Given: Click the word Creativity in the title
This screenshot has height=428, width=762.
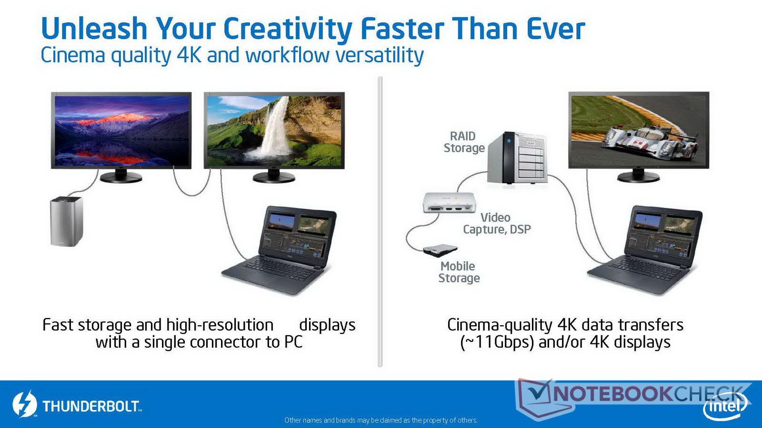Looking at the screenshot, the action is (288, 29).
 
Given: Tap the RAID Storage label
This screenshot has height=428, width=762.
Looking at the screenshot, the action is (464, 142).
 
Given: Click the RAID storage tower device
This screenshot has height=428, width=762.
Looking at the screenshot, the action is (517, 158).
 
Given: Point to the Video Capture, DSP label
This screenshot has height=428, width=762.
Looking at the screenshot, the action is (497, 224).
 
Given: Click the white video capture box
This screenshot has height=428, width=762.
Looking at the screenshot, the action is (449, 203).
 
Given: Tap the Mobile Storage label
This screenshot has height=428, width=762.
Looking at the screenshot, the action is (459, 272).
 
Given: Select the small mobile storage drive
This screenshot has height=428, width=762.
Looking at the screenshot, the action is (440, 251).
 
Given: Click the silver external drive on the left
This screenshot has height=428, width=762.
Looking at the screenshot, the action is (67, 221).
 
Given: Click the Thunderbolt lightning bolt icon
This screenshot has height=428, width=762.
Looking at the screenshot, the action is (24, 404).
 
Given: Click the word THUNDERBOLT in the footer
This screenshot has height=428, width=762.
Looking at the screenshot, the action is (90, 407).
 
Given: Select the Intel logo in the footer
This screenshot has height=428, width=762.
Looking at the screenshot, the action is (724, 407).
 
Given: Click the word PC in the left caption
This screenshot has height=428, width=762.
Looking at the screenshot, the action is (293, 342).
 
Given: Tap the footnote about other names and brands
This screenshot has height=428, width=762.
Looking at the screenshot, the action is (381, 420).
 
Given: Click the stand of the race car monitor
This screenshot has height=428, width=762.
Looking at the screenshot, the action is (639, 175).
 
